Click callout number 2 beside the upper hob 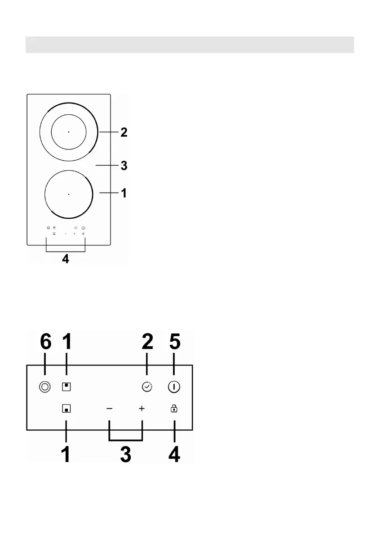tap(124, 133)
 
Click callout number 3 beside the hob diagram tap(124, 166)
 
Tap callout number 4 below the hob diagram tap(66, 260)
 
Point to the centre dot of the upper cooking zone tap(69, 132)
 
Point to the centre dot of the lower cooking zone tap(69, 194)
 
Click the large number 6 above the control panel tap(45, 342)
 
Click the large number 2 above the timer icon tap(147, 342)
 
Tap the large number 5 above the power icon tap(174, 342)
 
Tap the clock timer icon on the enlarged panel tap(147, 387)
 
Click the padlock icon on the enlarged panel tap(174, 409)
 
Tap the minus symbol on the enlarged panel tap(110, 409)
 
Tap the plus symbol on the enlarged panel tap(142, 409)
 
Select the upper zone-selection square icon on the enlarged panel tap(67, 387)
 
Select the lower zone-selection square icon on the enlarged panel tap(67, 409)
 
